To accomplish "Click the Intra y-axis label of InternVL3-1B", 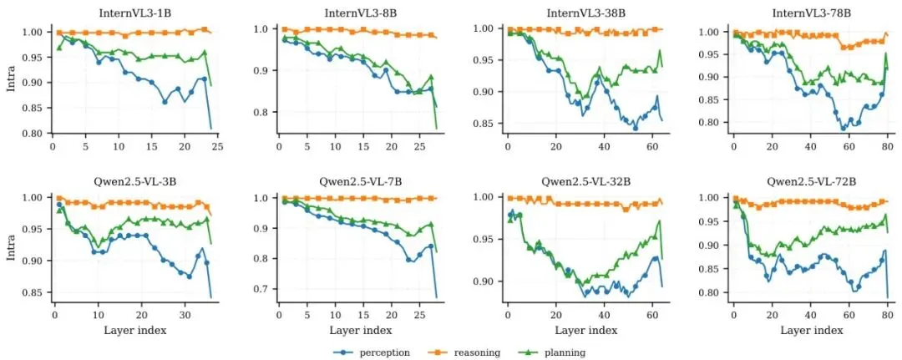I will point(11,83).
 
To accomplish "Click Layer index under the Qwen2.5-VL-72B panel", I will point(810,331).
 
